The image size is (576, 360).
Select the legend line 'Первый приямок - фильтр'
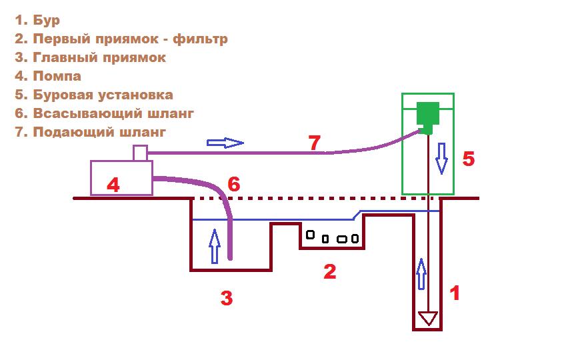pos(121,39)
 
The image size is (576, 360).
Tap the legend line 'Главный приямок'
pos(90,57)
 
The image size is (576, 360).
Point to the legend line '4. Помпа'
pos(47,76)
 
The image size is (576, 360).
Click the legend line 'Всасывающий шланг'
pos(104,113)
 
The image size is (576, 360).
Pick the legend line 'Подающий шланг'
pos(89,132)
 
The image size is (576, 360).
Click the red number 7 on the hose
pos(314,142)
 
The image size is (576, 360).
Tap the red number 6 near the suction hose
pos(233,185)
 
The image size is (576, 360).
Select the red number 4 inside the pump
pos(113,185)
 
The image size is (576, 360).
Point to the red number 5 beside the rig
pos(468,159)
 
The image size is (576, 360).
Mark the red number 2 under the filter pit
pos(329,271)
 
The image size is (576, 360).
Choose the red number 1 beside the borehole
pos(455,293)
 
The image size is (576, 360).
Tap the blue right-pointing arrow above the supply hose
pos(225,142)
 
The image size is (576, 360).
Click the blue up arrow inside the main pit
pos(214,245)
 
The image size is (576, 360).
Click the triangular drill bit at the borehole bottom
pos(427,318)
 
